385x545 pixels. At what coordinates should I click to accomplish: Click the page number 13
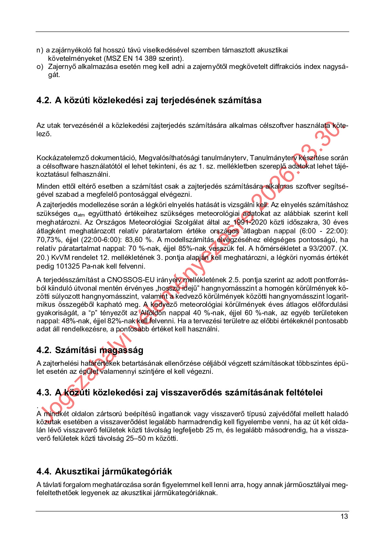click(344, 516)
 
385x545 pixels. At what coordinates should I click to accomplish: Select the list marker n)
click(40, 50)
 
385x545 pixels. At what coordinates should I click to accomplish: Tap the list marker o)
click(40, 67)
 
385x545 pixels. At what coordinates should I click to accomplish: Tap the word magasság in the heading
click(121, 350)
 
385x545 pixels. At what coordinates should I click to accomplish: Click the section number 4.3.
click(44, 393)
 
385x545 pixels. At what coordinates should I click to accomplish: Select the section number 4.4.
click(44, 472)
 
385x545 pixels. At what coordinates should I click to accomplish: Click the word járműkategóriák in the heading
click(137, 472)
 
